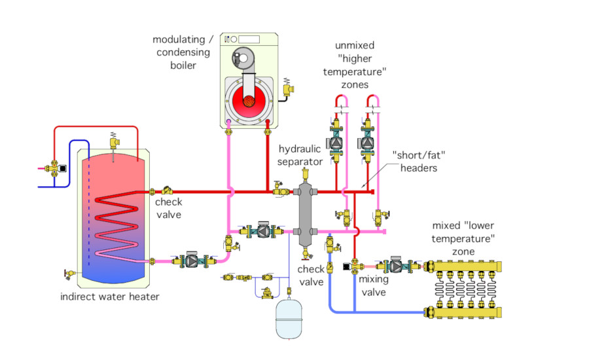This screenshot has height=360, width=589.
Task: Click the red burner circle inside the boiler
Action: click(249, 101)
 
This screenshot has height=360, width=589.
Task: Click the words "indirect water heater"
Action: click(109, 297)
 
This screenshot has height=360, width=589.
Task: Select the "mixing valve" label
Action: click(374, 285)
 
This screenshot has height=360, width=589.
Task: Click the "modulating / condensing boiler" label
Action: click(183, 52)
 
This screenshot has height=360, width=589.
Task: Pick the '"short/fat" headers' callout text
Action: click(415, 161)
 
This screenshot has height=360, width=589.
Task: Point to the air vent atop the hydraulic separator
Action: click(305, 175)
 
